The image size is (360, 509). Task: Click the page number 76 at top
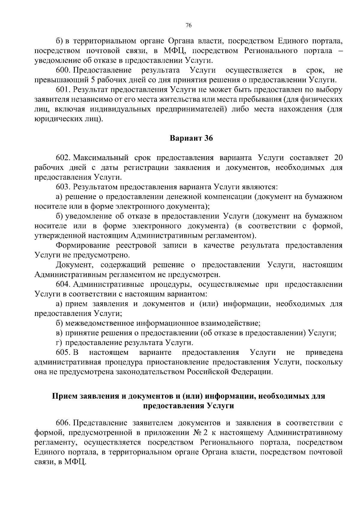(188, 25)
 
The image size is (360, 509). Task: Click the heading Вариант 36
(191, 138)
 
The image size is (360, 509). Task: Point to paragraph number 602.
(63, 158)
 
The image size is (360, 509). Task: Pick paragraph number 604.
(63, 284)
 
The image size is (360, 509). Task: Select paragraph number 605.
(63, 352)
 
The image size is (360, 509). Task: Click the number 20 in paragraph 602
(338, 158)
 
